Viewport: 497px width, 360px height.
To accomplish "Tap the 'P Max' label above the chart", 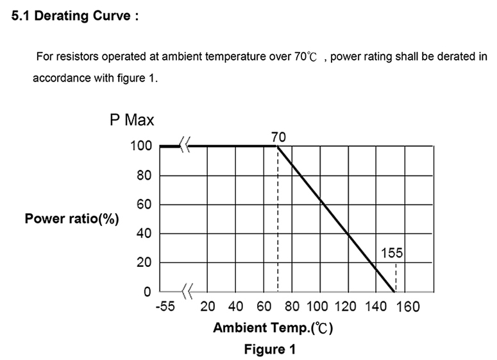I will (131, 120).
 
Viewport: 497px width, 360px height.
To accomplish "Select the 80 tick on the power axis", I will (143, 176).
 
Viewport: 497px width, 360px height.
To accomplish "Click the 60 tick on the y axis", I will (143, 205).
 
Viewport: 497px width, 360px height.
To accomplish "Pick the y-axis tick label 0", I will (147, 292).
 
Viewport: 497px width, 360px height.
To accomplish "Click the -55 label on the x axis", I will (165, 307).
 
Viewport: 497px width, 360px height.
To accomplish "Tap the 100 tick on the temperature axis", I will (318, 307).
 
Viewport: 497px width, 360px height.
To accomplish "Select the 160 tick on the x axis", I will (408, 307).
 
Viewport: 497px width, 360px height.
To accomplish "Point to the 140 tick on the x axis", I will (376, 307).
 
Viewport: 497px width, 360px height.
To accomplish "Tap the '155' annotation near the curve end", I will (392, 254).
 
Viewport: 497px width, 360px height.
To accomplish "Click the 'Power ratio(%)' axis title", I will (72, 219).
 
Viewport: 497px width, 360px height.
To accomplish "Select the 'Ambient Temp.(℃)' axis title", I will (273, 328).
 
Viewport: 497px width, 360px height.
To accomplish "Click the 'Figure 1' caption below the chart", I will (269, 350).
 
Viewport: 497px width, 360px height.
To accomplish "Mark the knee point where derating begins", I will (277, 147).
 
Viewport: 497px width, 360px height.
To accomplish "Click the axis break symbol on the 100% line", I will (184, 147).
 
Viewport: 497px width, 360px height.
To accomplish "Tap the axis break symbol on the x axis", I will (187, 292).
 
